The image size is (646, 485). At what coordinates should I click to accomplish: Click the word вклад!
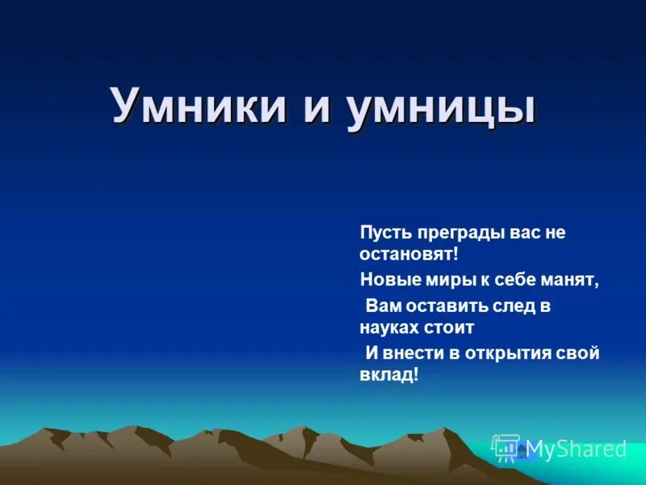pos(389,375)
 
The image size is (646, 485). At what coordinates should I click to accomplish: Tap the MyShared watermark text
pos(577,449)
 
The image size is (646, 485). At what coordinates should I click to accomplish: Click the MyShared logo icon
pos(506,448)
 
